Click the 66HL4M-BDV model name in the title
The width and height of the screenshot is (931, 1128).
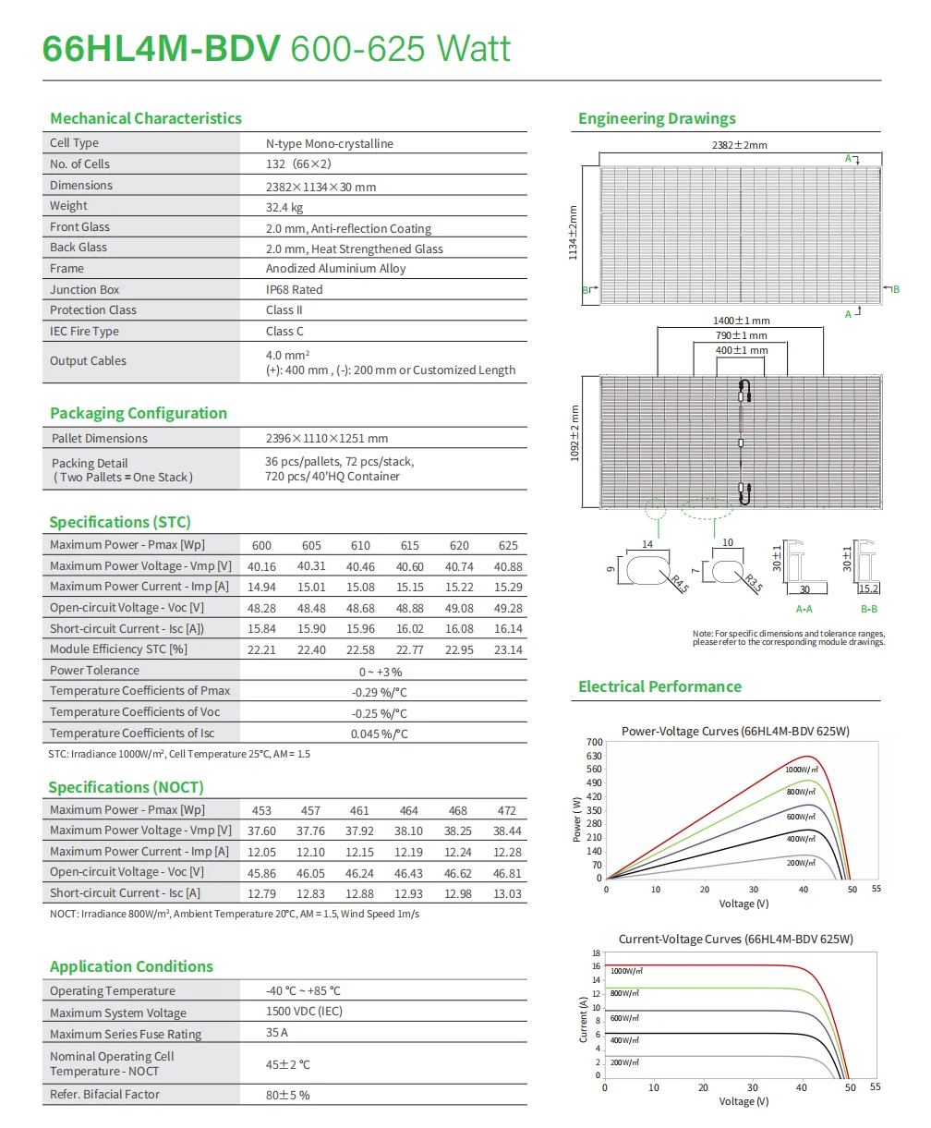(x=161, y=48)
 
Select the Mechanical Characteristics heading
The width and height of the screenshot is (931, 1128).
(x=146, y=118)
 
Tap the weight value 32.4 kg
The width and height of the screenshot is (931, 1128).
(x=284, y=207)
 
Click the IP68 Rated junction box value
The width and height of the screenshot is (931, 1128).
(x=295, y=289)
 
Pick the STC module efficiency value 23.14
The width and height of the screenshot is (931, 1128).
(x=508, y=649)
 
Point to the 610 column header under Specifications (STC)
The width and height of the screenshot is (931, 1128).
(x=360, y=546)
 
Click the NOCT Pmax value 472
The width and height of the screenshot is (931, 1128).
(x=507, y=810)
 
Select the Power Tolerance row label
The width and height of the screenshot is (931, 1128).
(x=94, y=671)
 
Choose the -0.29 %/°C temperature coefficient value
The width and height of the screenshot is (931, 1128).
(x=379, y=692)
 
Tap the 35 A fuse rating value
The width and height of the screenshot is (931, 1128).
(x=277, y=1033)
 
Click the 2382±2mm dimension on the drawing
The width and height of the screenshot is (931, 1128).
(x=739, y=145)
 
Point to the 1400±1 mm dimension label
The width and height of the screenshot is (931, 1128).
(x=741, y=321)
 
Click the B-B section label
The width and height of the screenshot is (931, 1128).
(x=868, y=609)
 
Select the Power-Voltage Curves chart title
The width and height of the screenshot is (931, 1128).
(x=735, y=732)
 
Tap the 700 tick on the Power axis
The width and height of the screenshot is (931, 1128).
(x=593, y=743)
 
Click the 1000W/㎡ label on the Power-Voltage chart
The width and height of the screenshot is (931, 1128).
(x=801, y=770)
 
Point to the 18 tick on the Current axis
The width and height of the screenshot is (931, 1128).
(x=596, y=952)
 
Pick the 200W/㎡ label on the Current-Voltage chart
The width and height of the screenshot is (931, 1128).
(x=625, y=1062)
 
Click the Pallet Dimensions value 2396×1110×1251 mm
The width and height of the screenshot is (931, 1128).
(x=327, y=439)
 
